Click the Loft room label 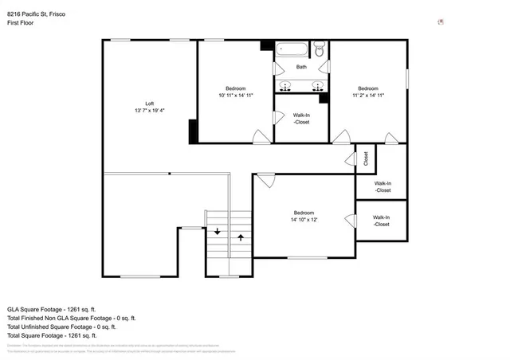[149, 104]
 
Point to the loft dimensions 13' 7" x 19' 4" [149, 111]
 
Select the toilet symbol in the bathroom [319, 52]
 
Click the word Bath [301, 67]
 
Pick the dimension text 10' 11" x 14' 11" [235, 95]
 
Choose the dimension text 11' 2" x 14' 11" [367, 95]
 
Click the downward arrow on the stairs [218, 232]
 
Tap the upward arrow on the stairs [241, 237]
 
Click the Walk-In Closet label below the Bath [301, 119]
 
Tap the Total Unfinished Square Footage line [62, 327]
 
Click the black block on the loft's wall [192, 131]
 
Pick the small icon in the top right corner [441, 22]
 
